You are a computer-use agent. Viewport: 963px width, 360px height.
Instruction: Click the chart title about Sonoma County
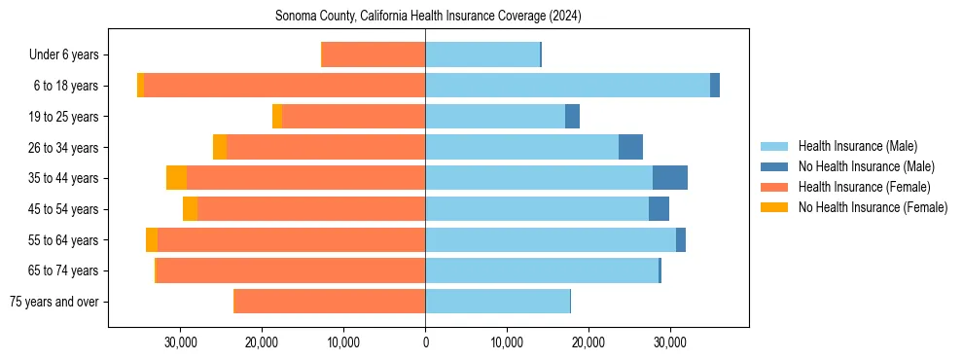[x=428, y=16]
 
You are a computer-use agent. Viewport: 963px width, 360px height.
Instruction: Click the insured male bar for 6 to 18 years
[x=567, y=86]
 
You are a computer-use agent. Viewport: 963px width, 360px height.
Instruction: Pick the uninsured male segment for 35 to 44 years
[x=670, y=178]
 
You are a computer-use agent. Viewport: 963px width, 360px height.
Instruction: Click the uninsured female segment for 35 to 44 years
[x=176, y=178]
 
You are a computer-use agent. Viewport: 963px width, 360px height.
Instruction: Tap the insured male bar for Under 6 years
[x=482, y=54]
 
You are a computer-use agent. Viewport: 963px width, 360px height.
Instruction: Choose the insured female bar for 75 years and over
[x=330, y=302]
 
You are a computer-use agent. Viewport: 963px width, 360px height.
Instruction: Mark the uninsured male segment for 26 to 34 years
[x=630, y=147]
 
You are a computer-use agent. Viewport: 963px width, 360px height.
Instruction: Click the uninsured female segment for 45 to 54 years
[x=190, y=209]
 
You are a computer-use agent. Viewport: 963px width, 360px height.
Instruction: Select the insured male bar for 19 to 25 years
[x=495, y=117]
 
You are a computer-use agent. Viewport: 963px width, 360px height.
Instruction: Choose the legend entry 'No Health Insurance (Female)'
[x=873, y=207]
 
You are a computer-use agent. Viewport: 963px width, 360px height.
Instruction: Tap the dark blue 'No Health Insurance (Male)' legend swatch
[x=774, y=167]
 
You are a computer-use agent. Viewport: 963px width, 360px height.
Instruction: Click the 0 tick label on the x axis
[x=425, y=342]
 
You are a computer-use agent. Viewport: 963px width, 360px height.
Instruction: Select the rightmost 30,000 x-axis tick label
[x=670, y=342]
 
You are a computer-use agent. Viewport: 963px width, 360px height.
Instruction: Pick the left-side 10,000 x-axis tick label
[x=343, y=342]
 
